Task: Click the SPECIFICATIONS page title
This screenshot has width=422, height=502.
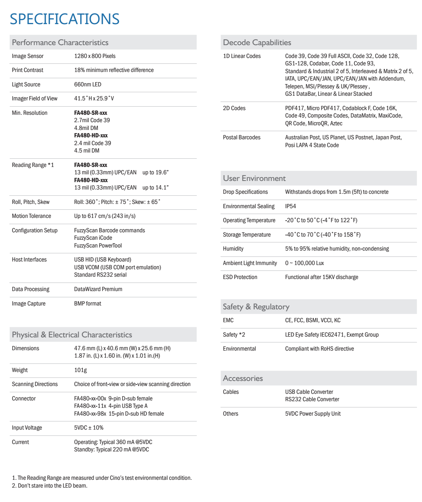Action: tap(65, 19)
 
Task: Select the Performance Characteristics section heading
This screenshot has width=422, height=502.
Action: tap(60, 42)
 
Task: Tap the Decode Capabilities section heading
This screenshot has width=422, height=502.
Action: tap(257, 42)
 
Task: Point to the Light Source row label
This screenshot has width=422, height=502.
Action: tap(26, 84)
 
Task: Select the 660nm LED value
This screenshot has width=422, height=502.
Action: tap(88, 84)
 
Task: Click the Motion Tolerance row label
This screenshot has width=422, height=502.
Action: tap(32, 216)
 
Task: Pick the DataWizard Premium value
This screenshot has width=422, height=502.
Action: tap(98, 289)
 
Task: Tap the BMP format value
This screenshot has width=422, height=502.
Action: tap(88, 304)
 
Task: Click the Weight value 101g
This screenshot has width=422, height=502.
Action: tap(81, 370)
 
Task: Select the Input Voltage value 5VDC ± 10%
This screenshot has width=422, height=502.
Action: tap(89, 428)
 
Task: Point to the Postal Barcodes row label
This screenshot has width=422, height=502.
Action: tap(242, 137)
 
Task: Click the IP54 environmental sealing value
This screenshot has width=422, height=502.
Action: tap(291, 206)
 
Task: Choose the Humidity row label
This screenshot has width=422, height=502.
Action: tap(233, 249)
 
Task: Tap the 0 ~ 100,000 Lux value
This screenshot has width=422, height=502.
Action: tap(304, 263)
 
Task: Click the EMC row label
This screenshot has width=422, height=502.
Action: tap(228, 320)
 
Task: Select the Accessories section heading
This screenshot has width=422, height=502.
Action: tap(243, 378)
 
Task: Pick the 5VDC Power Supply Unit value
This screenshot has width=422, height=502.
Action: tap(313, 414)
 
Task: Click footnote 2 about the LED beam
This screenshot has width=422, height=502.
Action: tap(50, 486)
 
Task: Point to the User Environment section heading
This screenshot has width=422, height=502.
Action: tap(254, 178)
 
